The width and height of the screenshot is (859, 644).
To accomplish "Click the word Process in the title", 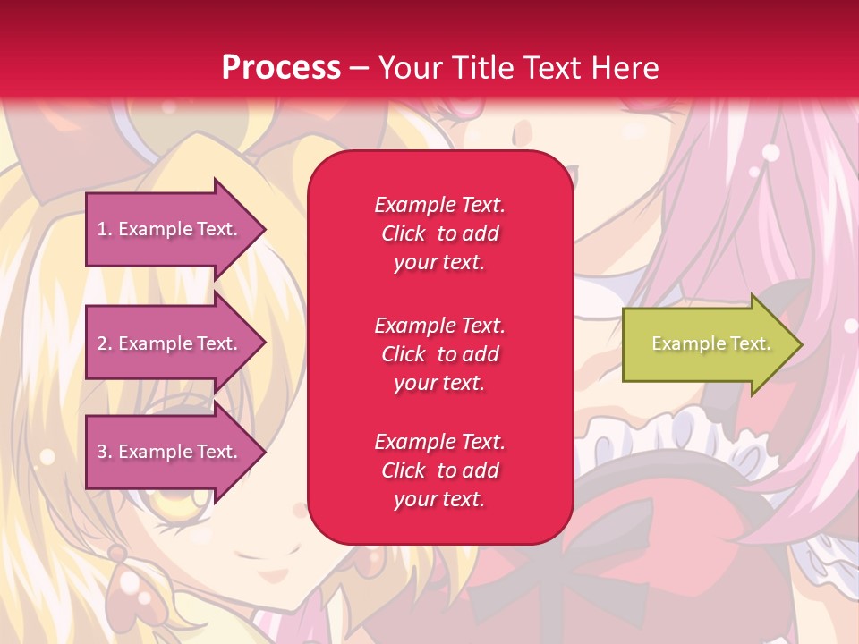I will coord(281,68).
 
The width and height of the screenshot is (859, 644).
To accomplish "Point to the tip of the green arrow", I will coord(801,344).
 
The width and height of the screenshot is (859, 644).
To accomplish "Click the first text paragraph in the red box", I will coord(439,233).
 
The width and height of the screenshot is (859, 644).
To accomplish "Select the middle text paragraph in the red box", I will coord(439,354).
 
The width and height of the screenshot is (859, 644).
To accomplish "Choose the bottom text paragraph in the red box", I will coord(439,470).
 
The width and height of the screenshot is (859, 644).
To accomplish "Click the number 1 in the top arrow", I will coord(102,229).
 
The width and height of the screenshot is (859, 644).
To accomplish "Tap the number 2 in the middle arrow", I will coord(102,343).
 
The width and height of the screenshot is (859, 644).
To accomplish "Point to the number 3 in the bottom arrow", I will coord(102,452).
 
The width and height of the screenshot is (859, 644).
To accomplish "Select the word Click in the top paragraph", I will coord(404,233).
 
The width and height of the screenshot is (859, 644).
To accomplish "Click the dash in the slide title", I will coord(359,68).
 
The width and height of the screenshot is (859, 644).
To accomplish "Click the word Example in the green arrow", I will coord(682,343).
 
